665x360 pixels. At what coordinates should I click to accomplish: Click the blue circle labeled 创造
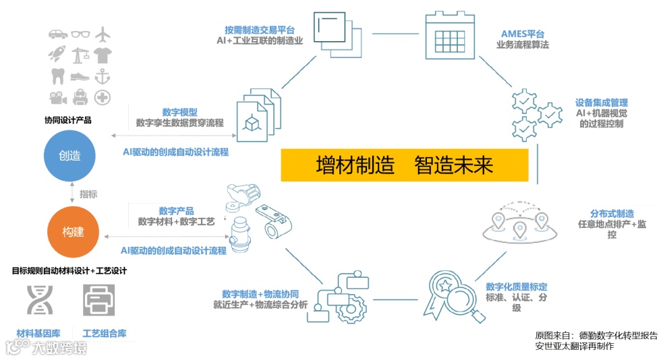point(71,156)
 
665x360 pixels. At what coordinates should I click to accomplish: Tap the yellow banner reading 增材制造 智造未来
point(405,165)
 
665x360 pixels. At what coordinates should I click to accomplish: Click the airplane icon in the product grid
point(103,34)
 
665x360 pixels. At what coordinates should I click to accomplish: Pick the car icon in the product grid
point(57,34)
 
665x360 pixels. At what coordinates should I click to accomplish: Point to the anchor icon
point(103,76)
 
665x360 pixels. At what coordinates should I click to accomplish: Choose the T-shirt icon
point(103,55)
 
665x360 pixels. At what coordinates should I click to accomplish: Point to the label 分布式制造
point(612,214)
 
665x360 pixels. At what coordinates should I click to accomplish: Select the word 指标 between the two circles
point(88,194)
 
